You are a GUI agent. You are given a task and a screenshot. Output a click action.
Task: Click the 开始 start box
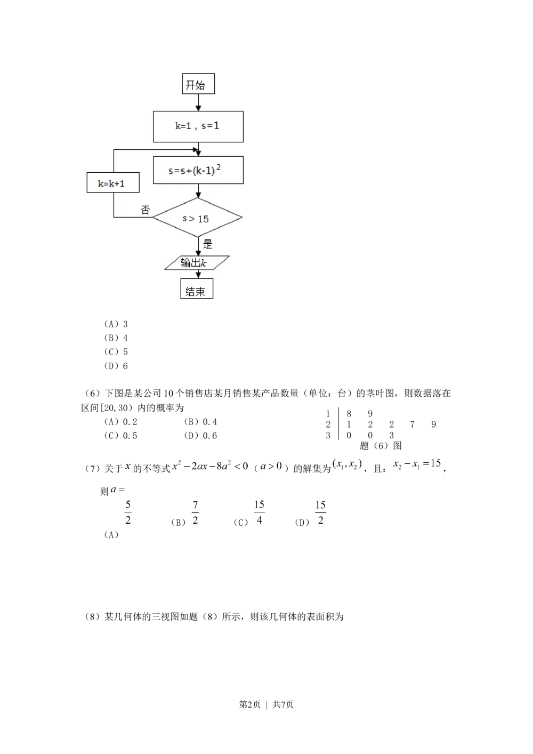pyautogui.click(x=198, y=84)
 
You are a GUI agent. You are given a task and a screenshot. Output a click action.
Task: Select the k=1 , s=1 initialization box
pyautogui.click(x=198, y=126)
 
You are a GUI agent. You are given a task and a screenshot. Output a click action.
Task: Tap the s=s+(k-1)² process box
pyautogui.click(x=198, y=170)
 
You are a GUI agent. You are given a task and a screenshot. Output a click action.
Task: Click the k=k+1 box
pyautogui.click(x=113, y=183)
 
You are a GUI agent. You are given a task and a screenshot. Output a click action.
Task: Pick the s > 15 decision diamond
pyautogui.click(x=198, y=218)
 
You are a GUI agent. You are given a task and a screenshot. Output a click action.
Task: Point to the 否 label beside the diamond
pyautogui.click(x=146, y=210)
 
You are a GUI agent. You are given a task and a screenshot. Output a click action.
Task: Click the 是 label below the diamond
pyautogui.click(x=207, y=244)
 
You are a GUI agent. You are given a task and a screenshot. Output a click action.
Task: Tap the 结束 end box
pyautogui.click(x=196, y=291)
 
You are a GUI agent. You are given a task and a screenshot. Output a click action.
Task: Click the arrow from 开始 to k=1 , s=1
pyautogui.click(x=198, y=102)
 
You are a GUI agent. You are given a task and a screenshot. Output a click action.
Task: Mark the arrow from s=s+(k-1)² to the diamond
pyautogui.click(x=198, y=191)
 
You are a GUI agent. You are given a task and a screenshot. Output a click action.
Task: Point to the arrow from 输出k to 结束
pyautogui.click(x=198, y=274)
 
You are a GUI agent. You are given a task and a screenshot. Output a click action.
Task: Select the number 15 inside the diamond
pyautogui.click(x=203, y=219)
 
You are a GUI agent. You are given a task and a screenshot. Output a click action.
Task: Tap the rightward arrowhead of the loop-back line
pyautogui.click(x=195, y=150)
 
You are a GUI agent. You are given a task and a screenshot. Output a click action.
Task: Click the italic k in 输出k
pyautogui.click(x=203, y=263)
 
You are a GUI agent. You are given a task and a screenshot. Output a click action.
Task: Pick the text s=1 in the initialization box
pyautogui.click(x=210, y=126)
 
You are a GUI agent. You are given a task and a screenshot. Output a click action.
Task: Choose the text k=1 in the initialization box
pyautogui.click(x=183, y=126)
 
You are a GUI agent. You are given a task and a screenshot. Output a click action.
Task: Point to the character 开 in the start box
pyautogui.click(x=191, y=85)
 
